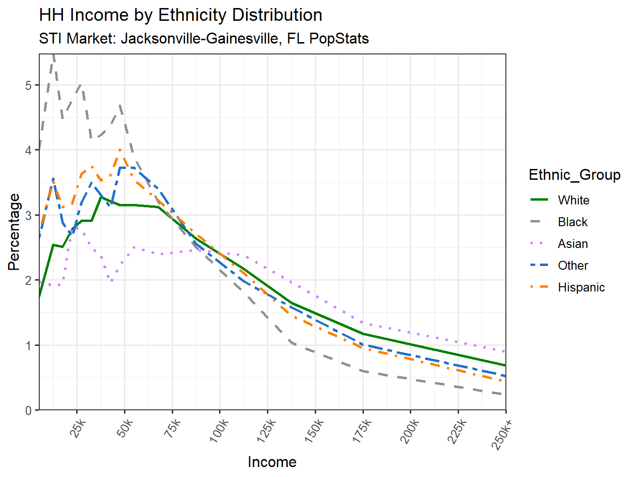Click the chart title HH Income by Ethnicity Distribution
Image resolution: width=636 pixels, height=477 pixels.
coord(180,15)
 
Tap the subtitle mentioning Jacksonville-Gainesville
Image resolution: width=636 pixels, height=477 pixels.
coord(203,38)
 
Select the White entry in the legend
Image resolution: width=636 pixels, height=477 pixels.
coord(573,200)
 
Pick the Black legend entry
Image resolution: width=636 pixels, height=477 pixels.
coord(572,222)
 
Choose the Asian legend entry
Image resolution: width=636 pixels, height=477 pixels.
coord(573,244)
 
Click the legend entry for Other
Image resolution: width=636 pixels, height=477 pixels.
coord(573,265)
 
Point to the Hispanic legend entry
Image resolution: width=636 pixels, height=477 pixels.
coord(581,287)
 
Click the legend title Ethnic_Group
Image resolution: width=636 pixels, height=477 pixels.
coord(574,175)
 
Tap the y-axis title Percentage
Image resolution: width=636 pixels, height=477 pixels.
coord(14,232)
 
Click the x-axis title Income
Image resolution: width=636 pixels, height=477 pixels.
coord(272,462)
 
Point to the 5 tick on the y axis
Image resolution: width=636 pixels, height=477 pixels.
coord(29,85)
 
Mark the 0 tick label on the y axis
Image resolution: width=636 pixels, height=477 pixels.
coord(29,410)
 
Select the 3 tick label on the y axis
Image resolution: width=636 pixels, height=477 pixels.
coord(29,215)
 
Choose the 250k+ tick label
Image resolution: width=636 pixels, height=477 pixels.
coord(503,433)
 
